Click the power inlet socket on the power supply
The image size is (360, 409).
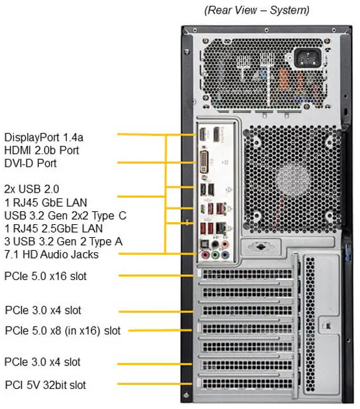[x=308, y=58]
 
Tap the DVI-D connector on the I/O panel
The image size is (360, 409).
[x=205, y=162]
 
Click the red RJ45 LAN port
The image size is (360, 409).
[x=221, y=208]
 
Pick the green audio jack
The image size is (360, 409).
[x=215, y=254]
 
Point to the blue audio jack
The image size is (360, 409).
[x=225, y=254]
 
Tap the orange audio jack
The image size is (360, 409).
[x=225, y=244]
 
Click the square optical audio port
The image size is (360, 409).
[x=205, y=244]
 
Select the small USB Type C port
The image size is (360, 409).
[x=203, y=209]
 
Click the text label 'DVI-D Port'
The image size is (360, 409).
[x=30, y=163]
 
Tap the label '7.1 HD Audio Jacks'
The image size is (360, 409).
[x=51, y=254]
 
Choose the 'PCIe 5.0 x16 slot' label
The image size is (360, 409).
[x=45, y=276]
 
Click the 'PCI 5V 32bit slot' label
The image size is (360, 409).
[x=45, y=385]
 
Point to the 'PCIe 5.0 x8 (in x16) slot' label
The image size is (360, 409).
[x=63, y=331]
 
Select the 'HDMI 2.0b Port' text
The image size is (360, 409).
[x=41, y=150]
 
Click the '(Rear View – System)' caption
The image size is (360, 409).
[x=257, y=10]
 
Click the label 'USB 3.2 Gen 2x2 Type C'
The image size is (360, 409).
[x=65, y=215]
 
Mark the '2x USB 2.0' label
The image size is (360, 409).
[x=32, y=189]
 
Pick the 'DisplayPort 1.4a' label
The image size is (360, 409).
[x=44, y=137]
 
